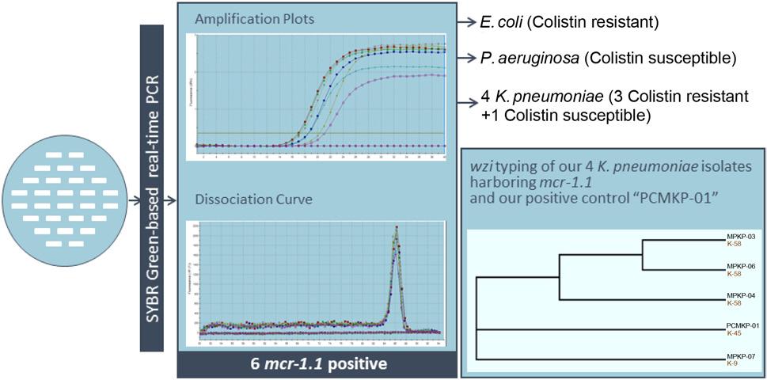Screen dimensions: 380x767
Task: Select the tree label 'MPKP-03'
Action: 742,237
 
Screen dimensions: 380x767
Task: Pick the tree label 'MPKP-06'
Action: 742,267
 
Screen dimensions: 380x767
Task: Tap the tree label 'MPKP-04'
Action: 742,296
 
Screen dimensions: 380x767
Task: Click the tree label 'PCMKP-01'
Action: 743,325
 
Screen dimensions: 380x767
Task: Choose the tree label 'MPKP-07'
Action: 742,355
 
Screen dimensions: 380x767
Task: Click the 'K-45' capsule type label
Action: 735,333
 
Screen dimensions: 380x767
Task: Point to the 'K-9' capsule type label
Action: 733,363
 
